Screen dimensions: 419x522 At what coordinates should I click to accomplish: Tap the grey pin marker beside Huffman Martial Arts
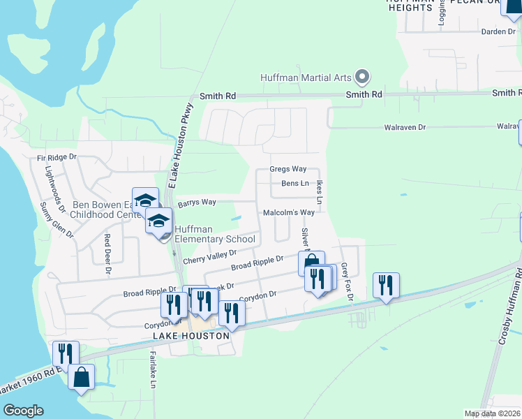tap(361, 76)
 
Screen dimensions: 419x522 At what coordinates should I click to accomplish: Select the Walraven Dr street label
tap(405, 128)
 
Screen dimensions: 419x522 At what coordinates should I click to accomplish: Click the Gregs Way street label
tap(288, 170)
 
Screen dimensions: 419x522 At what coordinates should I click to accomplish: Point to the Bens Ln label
tap(294, 184)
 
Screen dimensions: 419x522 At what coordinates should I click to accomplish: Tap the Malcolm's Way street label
tap(289, 213)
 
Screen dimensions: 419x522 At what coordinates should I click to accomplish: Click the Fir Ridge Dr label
tap(57, 158)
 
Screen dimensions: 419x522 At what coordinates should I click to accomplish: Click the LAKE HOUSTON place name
tap(191, 336)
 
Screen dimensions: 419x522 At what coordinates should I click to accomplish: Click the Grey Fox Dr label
tap(350, 286)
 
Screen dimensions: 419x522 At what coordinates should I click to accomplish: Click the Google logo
tap(24, 411)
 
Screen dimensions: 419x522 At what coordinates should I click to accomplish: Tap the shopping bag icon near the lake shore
tap(82, 377)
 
